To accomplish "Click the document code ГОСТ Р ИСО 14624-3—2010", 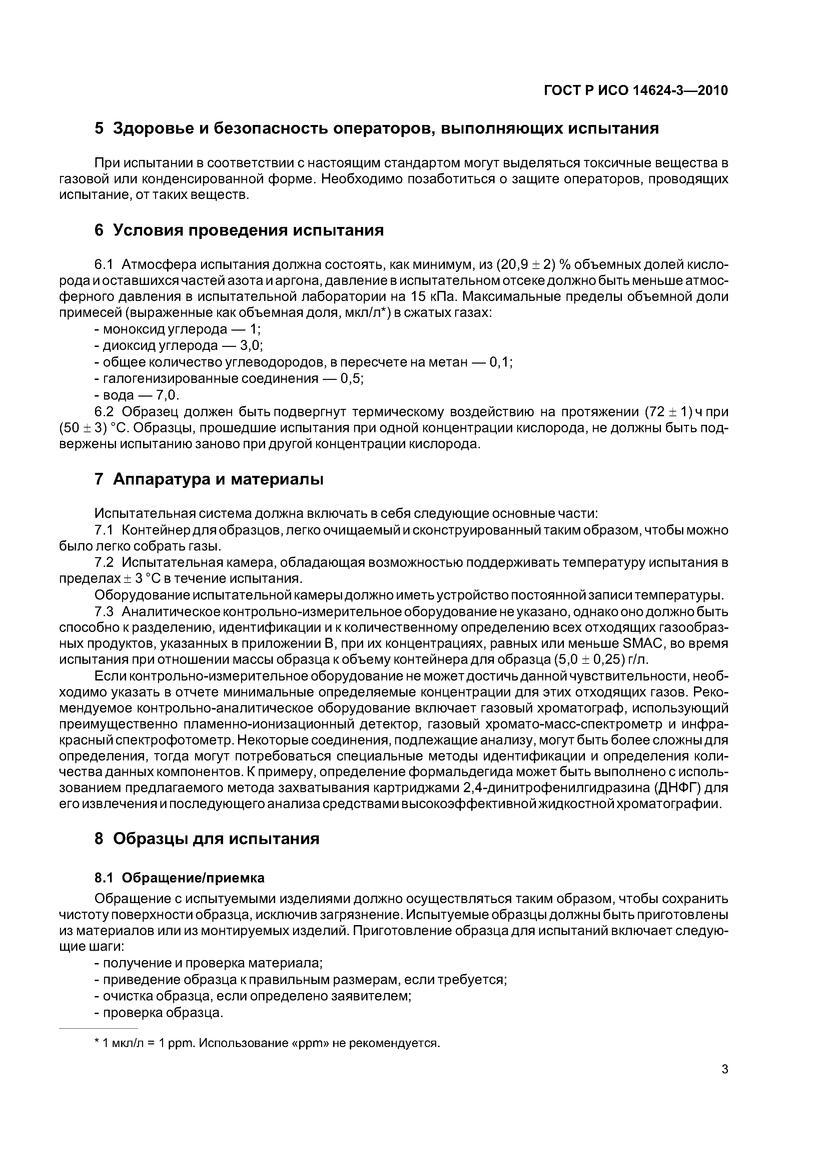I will [636, 91].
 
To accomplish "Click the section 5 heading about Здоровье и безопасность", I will [376, 128].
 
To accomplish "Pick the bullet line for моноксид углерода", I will [178, 330].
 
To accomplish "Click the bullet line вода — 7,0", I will [137, 395].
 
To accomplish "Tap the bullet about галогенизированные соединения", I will [229, 379].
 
